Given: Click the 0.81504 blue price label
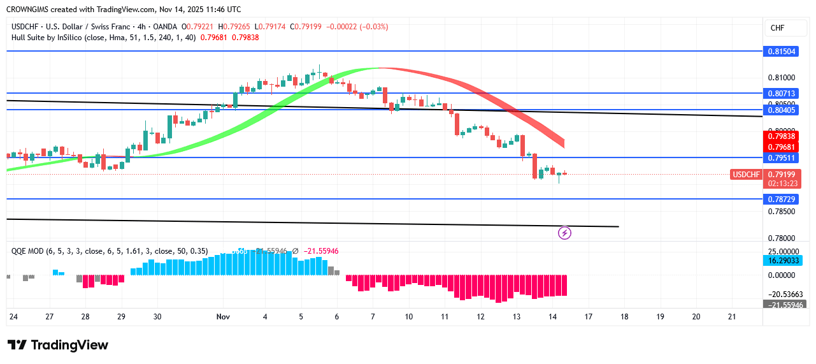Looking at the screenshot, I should click(x=780, y=51).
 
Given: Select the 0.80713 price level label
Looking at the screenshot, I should click(x=780, y=93).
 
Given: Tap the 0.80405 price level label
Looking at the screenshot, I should click(x=780, y=110).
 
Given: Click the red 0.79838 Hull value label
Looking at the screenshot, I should click(x=780, y=136).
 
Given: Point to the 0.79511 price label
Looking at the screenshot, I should click(x=780, y=157).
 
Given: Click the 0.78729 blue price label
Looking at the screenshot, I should click(x=780, y=199).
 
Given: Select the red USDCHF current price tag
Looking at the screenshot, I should click(x=747, y=174).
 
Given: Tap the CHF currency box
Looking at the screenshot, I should click(x=777, y=28).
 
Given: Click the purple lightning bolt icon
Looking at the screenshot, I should click(x=564, y=233).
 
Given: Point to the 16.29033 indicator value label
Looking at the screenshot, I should click(x=780, y=261).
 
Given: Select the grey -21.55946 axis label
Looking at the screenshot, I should click(x=780, y=304).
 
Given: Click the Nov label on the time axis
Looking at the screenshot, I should click(x=223, y=317).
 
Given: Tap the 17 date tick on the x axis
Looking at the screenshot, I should click(x=589, y=317).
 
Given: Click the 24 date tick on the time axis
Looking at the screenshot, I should click(x=13, y=317).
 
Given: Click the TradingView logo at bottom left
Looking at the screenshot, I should click(x=58, y=345).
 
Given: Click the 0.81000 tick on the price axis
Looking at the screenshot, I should click(x=780, y=78).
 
